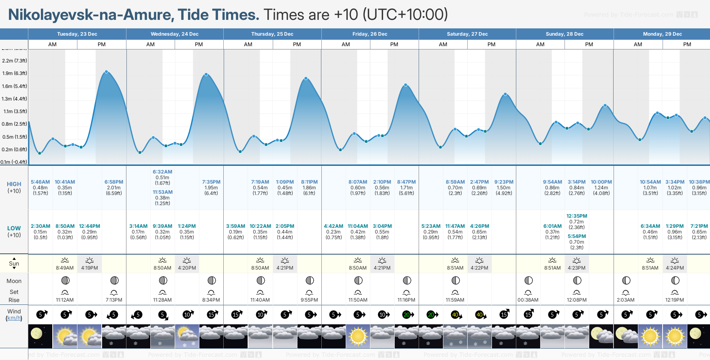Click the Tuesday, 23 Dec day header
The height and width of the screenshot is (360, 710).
pos(77,34)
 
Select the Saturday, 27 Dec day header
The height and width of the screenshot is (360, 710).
pos(467,34)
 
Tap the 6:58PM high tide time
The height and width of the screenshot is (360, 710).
pos(114,182)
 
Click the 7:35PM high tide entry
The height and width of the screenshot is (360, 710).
pos(211,182)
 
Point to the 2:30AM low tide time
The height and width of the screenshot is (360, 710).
pos(41,226)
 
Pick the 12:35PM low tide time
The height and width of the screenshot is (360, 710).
pos(577,216)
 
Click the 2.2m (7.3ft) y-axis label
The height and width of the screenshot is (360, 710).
pos(15,61)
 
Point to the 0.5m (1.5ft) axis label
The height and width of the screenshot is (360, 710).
pos(15,137)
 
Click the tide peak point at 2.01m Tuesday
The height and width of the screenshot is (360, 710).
pos(107,72)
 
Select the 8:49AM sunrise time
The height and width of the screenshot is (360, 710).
pos(65,268)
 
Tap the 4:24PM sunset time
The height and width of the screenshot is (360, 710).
pos(675,268)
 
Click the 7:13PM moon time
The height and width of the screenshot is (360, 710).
pos(114,300)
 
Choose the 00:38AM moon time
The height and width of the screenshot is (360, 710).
pos(528,300)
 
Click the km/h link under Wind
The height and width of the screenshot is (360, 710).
pos(14,318)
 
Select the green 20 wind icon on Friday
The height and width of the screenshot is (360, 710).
pos(407,315)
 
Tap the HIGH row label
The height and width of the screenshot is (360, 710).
pos(14,184)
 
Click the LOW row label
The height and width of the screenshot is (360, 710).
pos(14,228)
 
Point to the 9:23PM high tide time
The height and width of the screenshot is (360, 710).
pos(504,182)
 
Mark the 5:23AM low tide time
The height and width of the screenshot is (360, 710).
pos(431,226)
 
